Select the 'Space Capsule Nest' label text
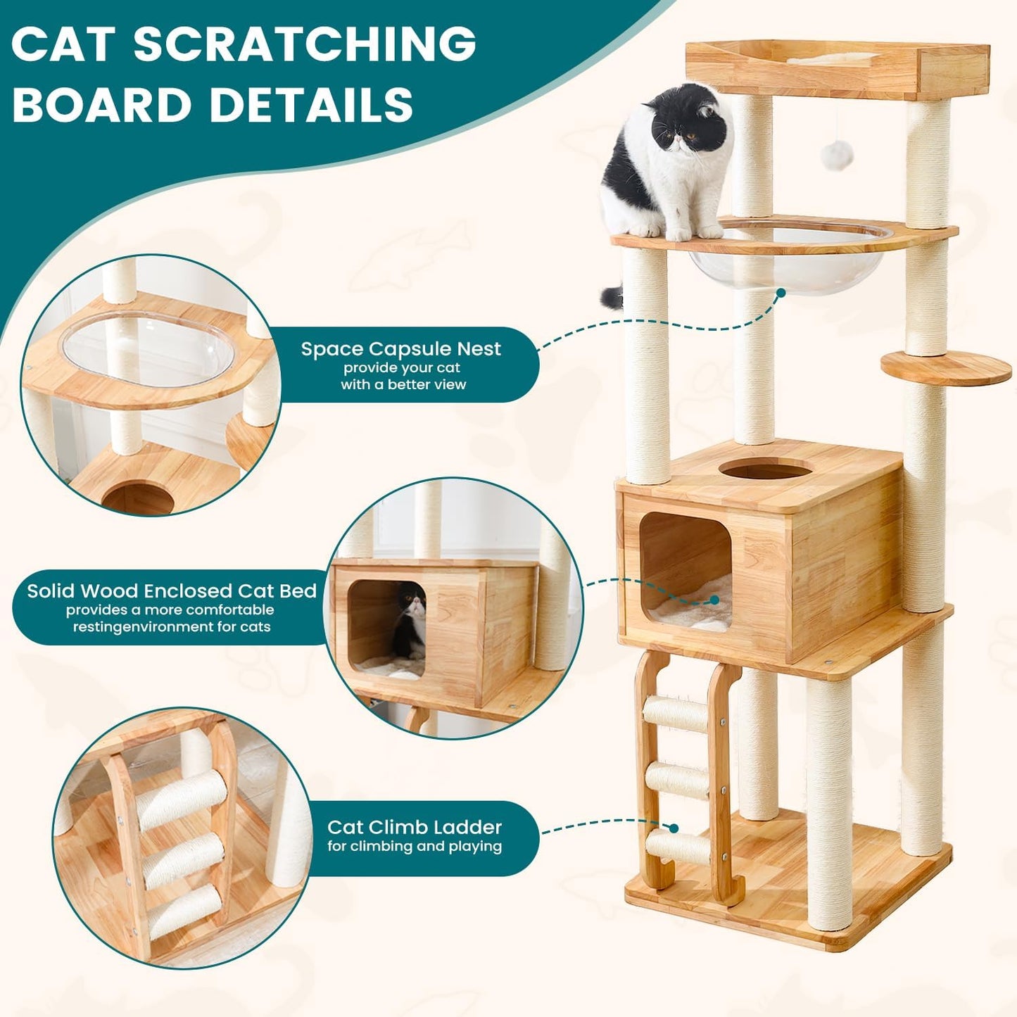(x=401, y=349)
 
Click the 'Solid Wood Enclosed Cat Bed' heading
(x=172, y=590)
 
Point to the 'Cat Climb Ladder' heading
(x=414, y=827)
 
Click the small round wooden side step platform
(x=946, y=367)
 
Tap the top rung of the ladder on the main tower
(x=676, y=714)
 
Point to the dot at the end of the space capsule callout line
(x=780, y=292)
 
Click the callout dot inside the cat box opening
(x=714, y=600)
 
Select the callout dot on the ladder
(x=674, y=828)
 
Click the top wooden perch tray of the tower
(x=838, y=69)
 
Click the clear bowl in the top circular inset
(x=148, y=348)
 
